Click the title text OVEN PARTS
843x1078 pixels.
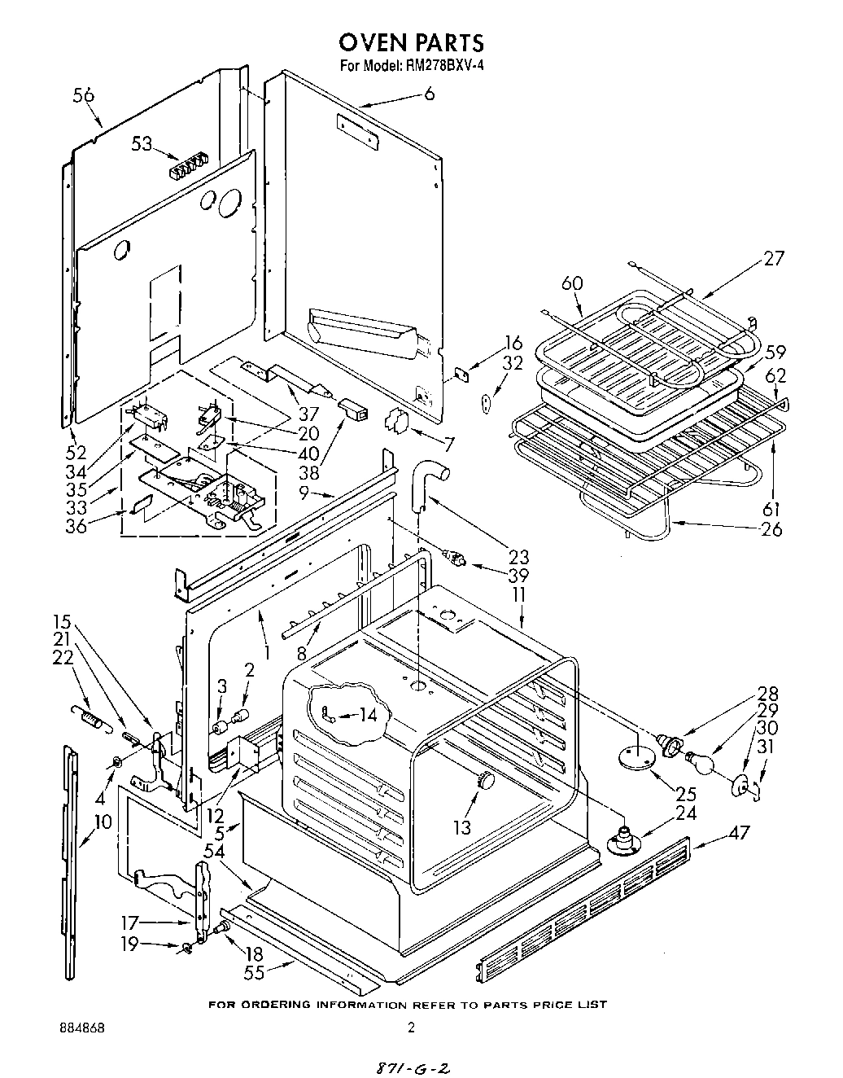pyautogui.click(x=411, y=42)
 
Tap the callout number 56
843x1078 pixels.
pyautogui.click(x=84, y=94)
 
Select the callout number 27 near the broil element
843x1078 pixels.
pyautogui.click(x=773, y=258)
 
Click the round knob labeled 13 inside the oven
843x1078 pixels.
pyautogui.click(x=486, y=779)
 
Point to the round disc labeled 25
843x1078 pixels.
pyautogui.click(x=636, y=756)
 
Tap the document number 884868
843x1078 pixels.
pyautogui.click(x=86, y=1028)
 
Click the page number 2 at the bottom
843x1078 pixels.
pyautogui.click(x=411, y=1028)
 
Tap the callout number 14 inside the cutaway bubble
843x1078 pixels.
pyautogui.click(x=369, y=716)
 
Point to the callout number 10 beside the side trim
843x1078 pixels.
pyautogui.click(x=103, y=822)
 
